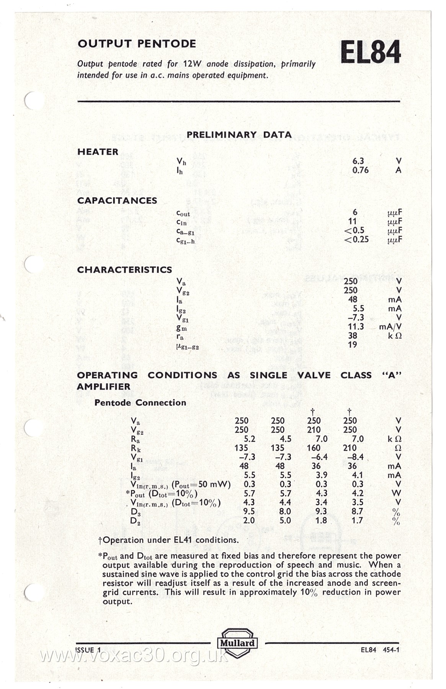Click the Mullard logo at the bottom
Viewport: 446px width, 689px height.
pyautogui.click(x=237, y=643)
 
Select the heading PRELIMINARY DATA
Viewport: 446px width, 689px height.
pyautogui.click(x=239, y=135)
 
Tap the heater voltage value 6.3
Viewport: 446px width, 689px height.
pyautogui.click(x=358, y=161)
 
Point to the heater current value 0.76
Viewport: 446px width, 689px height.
pyautogui.click(x=360, y=170)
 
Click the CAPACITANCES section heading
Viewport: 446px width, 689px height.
pyautogui.click(x=117, y=201)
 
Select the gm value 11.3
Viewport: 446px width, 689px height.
pyautogui.click(x=356, y=327)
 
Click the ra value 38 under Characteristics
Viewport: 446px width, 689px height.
pyautogui.click(x=352, y=336)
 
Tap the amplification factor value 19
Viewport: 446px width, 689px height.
pyautogui.click(x=352, y=344)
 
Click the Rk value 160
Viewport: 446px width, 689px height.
pyautogui.click(x=314, y=448)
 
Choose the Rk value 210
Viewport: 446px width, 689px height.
pyautogui.click(x=350, y=448)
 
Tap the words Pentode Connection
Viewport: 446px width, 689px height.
pyautogui.click(x=140, y=403)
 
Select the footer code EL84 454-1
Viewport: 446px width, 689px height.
pyautogui.click(x=380, y=650)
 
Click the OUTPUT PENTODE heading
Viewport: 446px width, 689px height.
pyautogui.click(x=137, y=44)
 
